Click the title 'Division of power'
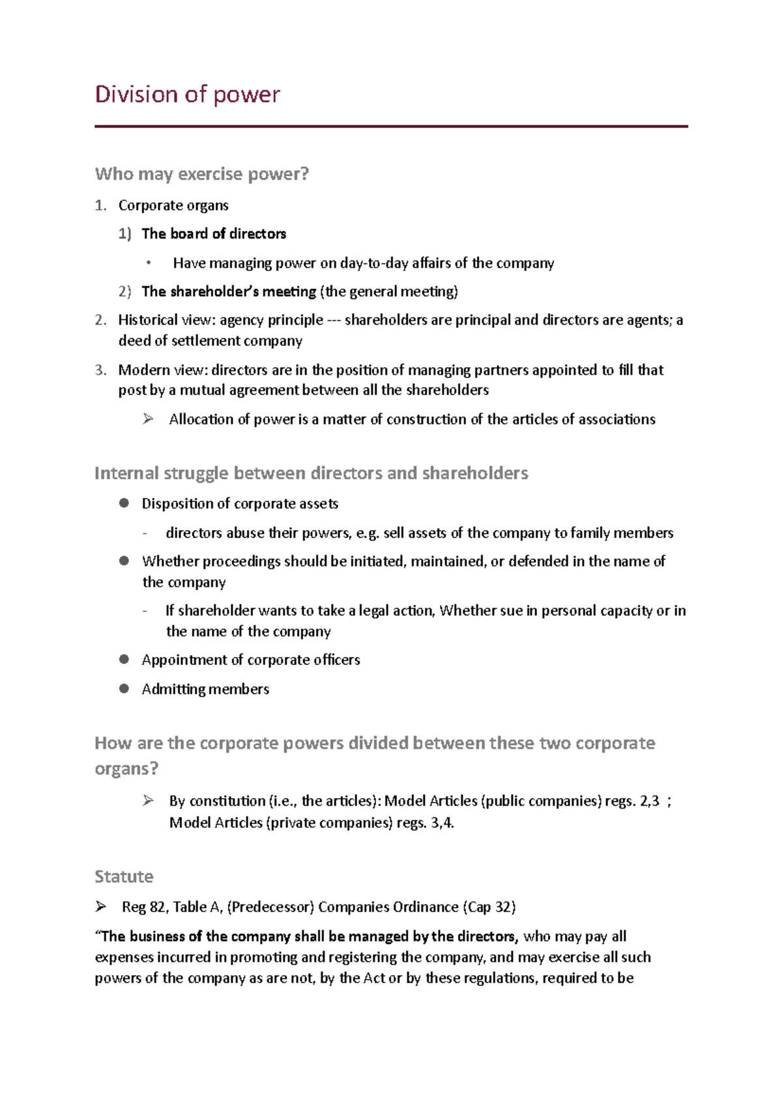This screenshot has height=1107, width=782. click(x=187, y=95)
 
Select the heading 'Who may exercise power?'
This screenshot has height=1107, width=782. click(x=201, y=174)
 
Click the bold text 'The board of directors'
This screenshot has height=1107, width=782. click(x=214, y=233)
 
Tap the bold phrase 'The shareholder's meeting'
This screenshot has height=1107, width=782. click(x=229, y=291)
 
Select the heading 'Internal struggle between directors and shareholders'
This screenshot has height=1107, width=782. click(x=311, y=473)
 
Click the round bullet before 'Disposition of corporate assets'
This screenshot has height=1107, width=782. click(x=124, y=503)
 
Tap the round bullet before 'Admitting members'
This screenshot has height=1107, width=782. click(x=124, y=688)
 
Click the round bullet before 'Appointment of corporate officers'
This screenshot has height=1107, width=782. click(x=124, y=659)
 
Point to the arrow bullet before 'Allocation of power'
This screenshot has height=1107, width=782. click(x=148, y=419)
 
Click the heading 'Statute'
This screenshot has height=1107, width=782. click(x=124, y=876)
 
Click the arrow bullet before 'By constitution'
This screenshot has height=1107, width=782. click(x=148, y=801)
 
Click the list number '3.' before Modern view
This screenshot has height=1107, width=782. click(x=100, y=370)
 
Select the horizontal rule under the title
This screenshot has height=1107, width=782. click(x=391, y=126)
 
